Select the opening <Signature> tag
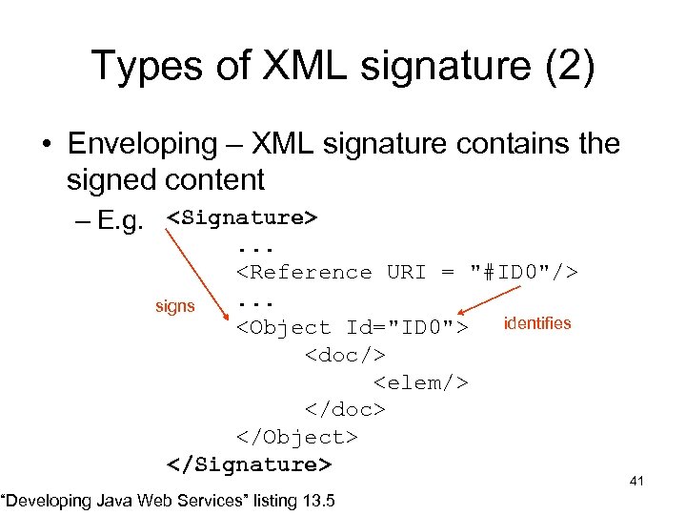coord(242,217)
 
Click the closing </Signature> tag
coord(250,464)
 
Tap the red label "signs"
coord(174,307)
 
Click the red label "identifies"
coord(537,322)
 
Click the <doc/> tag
coord(345,355)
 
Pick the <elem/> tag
coord(421,382)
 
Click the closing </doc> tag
coord(345,409)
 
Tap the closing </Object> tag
coord(297,437)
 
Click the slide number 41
coord(636,481)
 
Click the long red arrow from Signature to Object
coord(194,273)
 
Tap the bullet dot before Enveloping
coord(46,146)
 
